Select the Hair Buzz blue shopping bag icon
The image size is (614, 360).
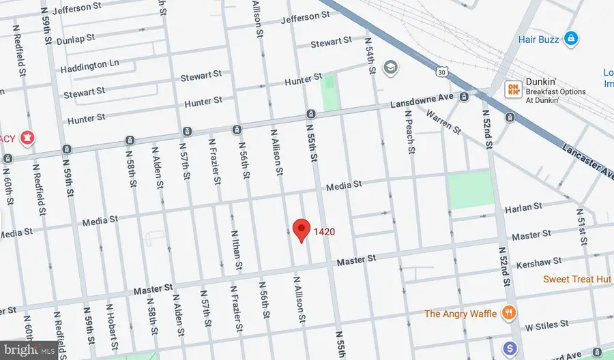pyautogui.click(x=573, y=37)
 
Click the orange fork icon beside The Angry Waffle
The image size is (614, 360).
pyautogui.click(x=508, y=314)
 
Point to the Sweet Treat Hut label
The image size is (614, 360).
pyautogui.click(x=577, y=279)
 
